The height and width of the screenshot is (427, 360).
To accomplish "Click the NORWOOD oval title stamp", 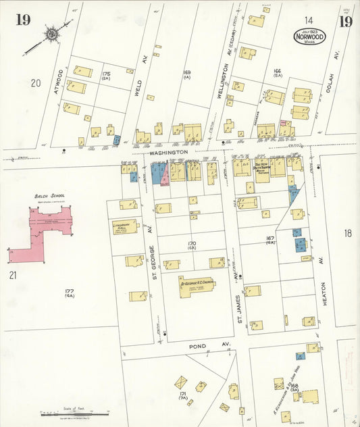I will coord(309,36).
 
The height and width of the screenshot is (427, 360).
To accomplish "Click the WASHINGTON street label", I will coord(168,153).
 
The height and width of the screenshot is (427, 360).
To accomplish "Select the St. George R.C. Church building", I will coord(197,285).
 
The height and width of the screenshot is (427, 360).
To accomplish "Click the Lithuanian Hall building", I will coord(125,228).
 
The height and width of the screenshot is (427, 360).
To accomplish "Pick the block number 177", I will coord(68,291).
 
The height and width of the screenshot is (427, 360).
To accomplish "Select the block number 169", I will coord(187,72).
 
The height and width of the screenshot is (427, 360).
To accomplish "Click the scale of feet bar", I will coord(73,411).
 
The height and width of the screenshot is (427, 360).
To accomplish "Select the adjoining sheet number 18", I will coord(347,233).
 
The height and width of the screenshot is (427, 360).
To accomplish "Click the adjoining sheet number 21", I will coord(13,274).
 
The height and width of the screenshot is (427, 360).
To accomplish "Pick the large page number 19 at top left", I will coord(23,19).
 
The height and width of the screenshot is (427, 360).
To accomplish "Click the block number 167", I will coord(270,238).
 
